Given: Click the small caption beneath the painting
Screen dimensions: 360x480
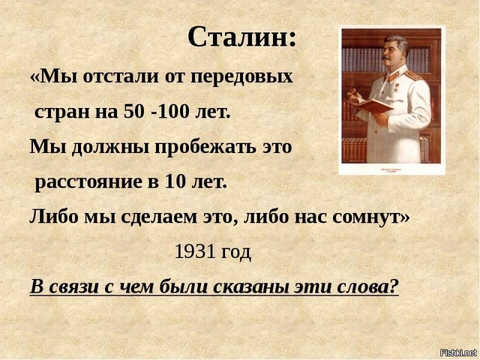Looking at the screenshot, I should pos(392,169).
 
